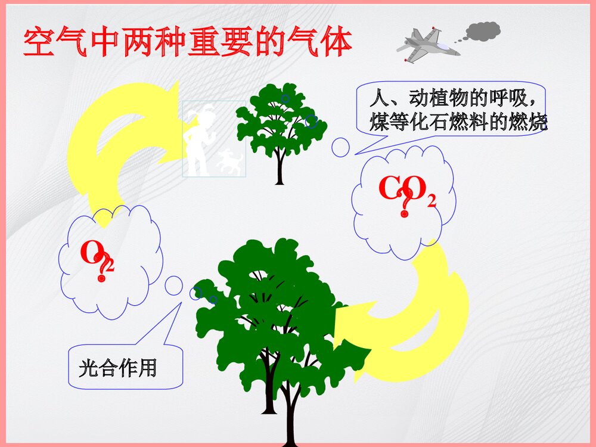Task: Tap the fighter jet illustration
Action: [x=428, y=45]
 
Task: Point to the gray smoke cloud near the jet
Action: [x=482, y=31]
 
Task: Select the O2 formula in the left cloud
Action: [x=95, y=255]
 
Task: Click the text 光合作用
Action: [x=117, y=368]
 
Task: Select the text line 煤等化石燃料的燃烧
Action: [x=457, y=123]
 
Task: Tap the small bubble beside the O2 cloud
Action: [x=173, y=285]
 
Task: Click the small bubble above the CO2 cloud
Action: [x=340, y=147]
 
